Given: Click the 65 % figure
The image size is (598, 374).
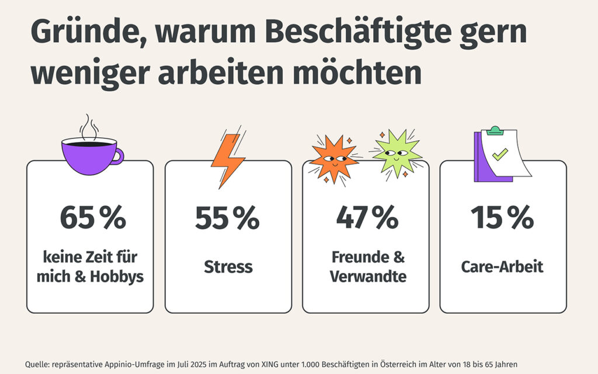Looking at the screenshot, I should coord(92,218).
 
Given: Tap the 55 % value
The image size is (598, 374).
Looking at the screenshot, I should coord(227,218).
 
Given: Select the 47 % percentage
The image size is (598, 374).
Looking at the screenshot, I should coord(366,218).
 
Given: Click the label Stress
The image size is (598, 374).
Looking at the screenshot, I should coord(228,267).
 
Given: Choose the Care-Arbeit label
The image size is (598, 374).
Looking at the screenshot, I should coord(502,267).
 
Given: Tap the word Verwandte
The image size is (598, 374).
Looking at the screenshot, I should coord(368,276).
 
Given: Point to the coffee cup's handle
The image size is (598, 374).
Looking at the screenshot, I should coord(119,156).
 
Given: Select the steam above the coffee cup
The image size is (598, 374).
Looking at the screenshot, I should coord(89,126).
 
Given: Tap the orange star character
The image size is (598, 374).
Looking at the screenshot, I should coord(333,160).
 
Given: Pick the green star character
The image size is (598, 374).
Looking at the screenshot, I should coord(397,154).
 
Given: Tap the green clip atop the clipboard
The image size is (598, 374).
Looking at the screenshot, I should coord(494,129).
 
